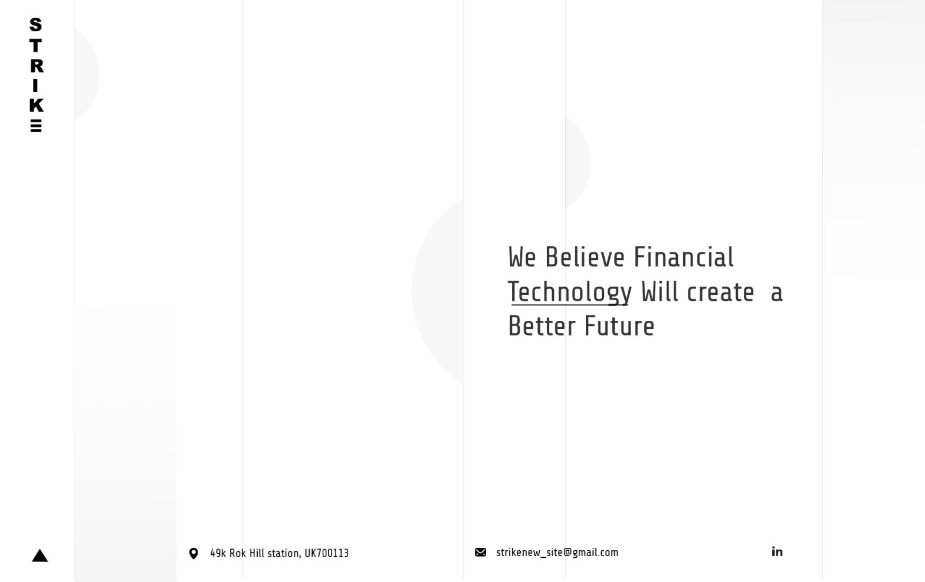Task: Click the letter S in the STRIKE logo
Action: [x=35, y=25]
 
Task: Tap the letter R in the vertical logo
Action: [x=37, y=66]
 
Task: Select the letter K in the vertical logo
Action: [x=37, y=106]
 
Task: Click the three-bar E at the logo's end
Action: [x=36, y=126]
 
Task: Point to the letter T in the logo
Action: [x=35, y=45]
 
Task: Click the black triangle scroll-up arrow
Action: [x=40, y=555]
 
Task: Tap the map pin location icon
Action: [x=193, y=554]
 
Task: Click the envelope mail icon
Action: [x=480, y=553]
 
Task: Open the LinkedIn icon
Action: [x=777, y=552]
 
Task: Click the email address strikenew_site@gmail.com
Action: [x=557, y=553]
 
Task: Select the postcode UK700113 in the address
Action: [x=327, y=553]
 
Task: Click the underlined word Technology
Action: [x=570, y=292]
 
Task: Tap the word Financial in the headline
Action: [x=683, y=257]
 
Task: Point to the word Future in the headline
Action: [x=619, y=326]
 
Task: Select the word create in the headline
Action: [x=721, y=292]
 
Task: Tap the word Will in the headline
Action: [x=660, y=292]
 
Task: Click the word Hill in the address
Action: [x=257, y=553]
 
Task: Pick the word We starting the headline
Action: [x=522, y=257]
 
